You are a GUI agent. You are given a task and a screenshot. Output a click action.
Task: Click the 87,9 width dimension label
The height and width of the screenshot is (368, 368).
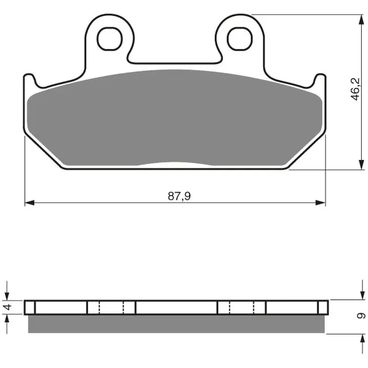[179, 196]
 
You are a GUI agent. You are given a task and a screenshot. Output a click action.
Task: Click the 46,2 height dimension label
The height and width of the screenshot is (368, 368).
[355, 89]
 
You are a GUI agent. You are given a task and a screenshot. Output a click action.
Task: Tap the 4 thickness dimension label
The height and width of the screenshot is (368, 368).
[7, 306]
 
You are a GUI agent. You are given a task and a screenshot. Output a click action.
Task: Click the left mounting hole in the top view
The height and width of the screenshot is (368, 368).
[110, 39]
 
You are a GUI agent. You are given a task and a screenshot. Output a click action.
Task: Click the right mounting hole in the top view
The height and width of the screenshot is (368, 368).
[240, 39]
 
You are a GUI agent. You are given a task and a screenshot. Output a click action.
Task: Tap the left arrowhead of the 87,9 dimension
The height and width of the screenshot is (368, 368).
[30, 203]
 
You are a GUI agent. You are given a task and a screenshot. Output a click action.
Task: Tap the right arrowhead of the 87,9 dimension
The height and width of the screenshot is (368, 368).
[321, 203]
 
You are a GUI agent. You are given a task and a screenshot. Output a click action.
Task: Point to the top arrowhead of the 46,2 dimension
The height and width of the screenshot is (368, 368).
[362, 20]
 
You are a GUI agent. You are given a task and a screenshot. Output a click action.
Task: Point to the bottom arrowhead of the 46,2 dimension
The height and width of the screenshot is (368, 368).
[362, 165]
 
